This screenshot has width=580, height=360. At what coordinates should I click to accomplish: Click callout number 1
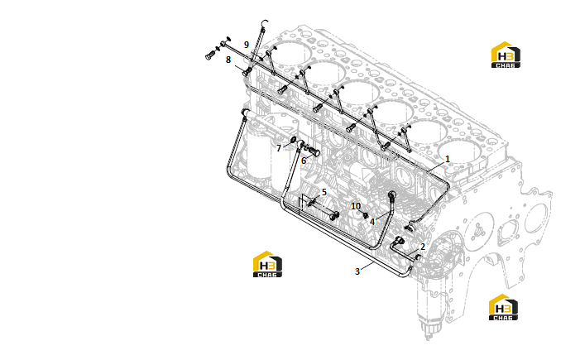(x=448, y=159)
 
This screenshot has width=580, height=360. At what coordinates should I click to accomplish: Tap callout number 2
(x=423, y=247)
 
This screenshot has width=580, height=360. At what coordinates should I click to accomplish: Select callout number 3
(x=357, y=271)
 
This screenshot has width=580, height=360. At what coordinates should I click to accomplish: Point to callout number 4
(x=372, y=222)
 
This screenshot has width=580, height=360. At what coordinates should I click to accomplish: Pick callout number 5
(x=324, y=192)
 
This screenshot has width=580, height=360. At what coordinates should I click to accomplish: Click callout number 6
(x=304, y=161)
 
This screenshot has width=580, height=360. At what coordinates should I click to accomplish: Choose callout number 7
(x=279, y=148)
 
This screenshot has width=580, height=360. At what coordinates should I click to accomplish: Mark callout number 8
(x=228, y=60)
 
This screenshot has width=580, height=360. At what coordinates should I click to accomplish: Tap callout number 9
(x=247, y=45)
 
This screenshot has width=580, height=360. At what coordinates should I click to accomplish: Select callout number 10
(x=356, y=206)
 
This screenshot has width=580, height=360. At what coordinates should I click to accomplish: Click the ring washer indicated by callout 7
(x=293, y=141)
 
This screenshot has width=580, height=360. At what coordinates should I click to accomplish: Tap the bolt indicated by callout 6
(x=314, y=151)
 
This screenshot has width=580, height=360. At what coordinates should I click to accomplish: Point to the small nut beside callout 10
(x=366, y=215)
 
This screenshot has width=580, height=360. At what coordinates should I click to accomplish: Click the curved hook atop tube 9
(x=264, y=23)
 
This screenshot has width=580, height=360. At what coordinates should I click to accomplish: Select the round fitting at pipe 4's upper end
(x=391, y=194)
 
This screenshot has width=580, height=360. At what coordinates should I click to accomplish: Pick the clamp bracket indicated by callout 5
(x=311, y=202)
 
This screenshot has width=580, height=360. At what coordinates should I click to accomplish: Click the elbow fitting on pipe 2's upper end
(x=400, y=241)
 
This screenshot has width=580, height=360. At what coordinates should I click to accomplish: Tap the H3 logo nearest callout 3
(x=267, y=264)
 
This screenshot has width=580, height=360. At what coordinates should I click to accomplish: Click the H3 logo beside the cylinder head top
(x=506, y=55)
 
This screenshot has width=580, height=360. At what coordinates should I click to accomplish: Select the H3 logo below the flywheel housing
(x=503, y=307)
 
